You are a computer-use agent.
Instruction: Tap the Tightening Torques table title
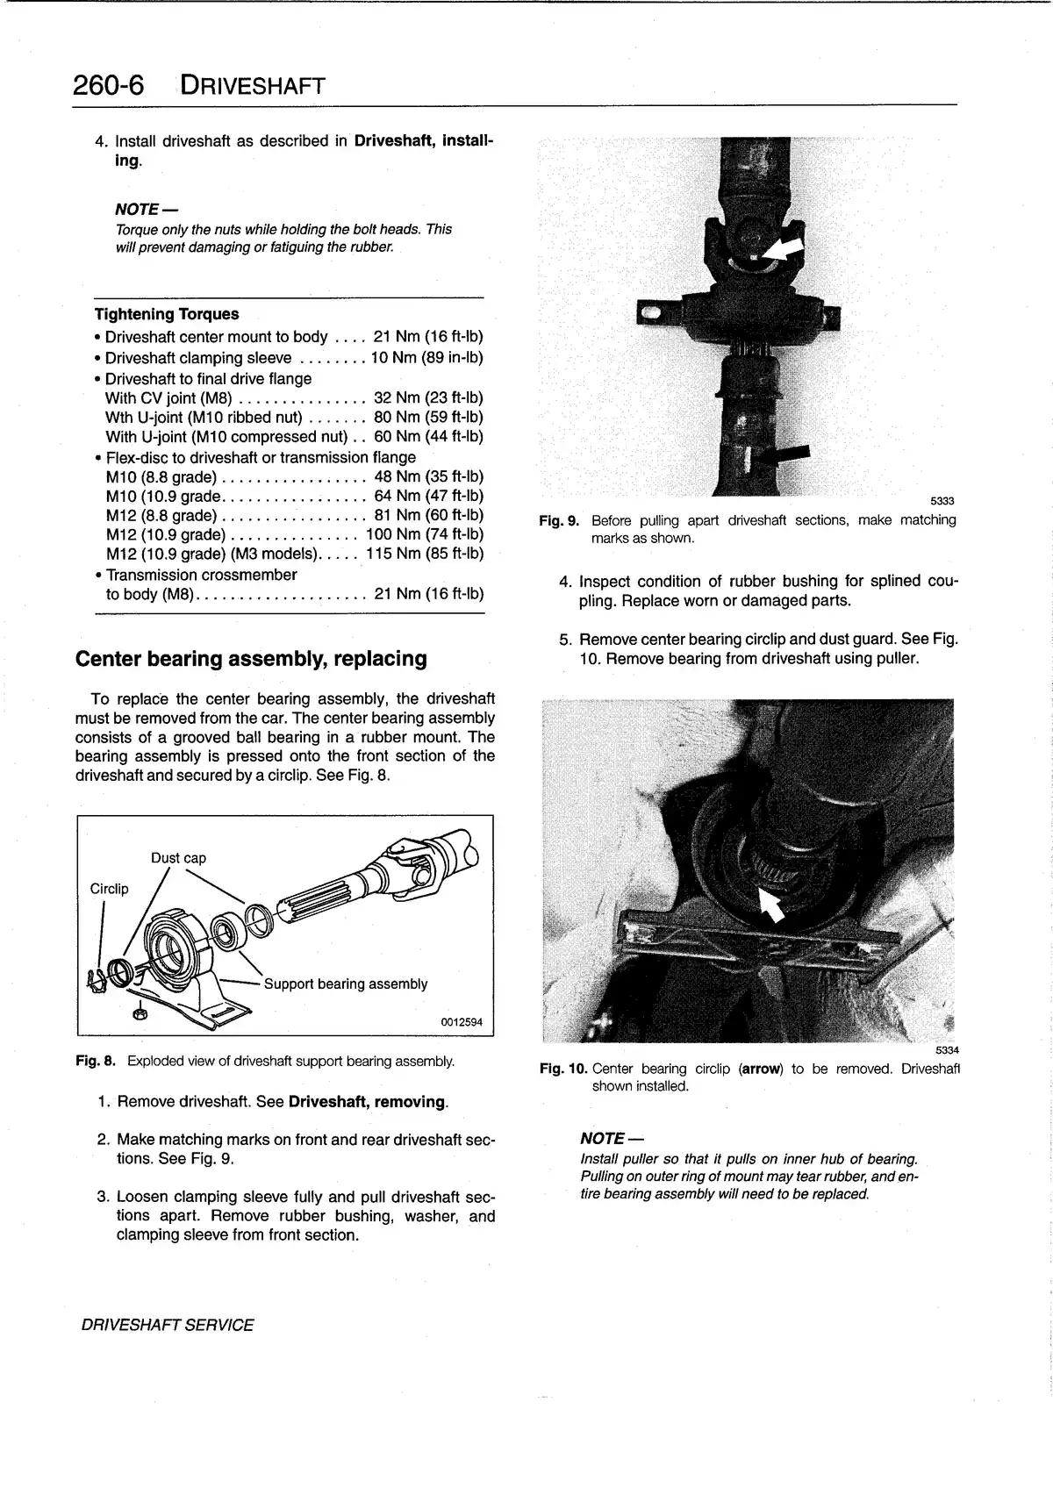[167, 314]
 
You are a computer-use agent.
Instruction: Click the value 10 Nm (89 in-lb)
[426, 358]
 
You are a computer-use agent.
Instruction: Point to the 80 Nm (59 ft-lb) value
[428, 418]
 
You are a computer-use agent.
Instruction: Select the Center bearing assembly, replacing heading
[251, 659]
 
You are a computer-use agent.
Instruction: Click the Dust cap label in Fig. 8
[178, 858]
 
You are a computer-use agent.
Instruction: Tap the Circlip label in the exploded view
[109, 889]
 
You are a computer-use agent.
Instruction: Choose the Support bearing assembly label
[346, 984]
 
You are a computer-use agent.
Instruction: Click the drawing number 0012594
[461, 1022]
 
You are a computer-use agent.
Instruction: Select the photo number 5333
[942, 501]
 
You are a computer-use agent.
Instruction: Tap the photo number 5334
[947, 1050]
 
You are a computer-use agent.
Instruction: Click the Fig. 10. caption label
[562, 1069]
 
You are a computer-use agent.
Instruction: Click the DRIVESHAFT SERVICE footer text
[167, 1326]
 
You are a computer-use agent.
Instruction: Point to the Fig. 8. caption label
[96, 1062]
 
